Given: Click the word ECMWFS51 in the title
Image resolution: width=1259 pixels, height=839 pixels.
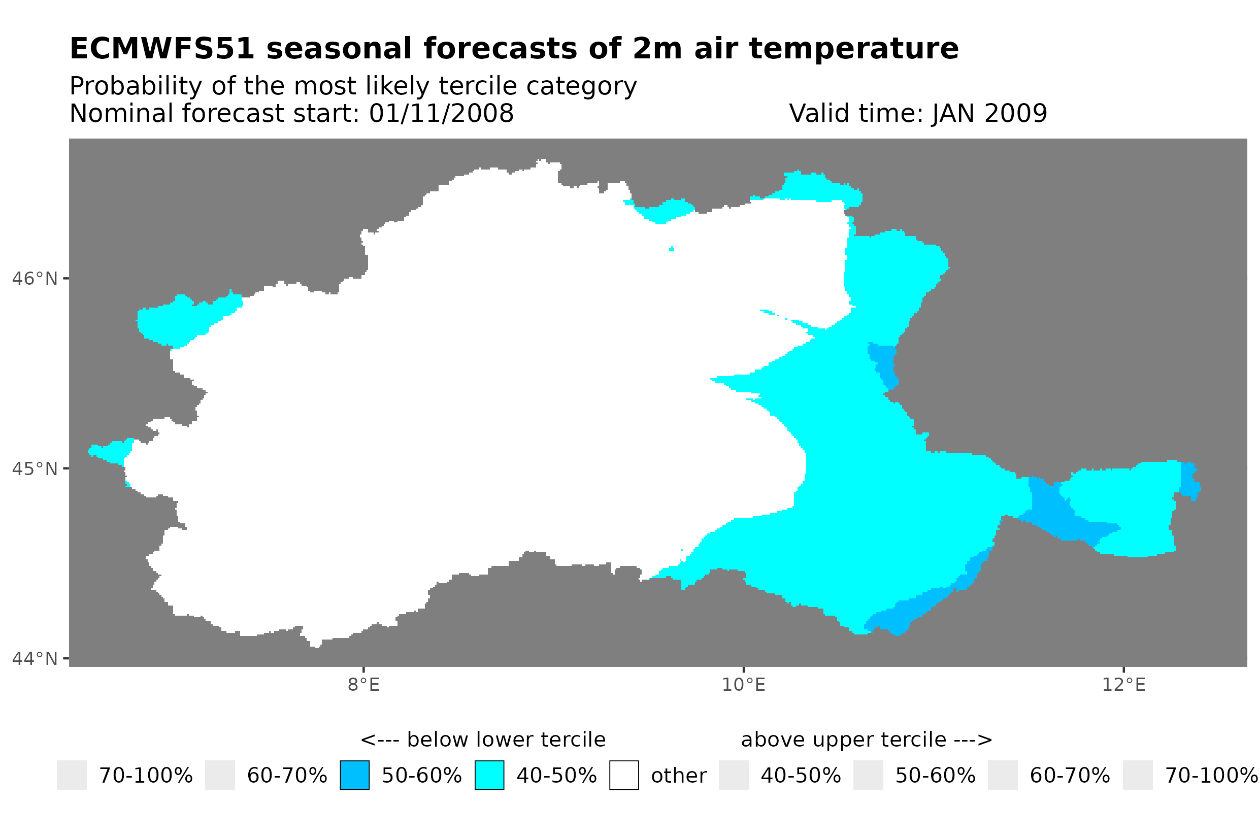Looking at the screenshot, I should pyautogui.click(x=161, y=49).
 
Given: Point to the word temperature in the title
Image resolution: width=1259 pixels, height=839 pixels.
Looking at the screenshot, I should pyautogui.click(x=853, y=49).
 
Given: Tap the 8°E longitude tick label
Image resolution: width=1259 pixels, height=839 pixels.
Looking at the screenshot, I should pyautogui.click(x=364, y=684).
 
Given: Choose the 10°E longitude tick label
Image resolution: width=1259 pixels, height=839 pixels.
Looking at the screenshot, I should pyautogui.click(x=744, y=684).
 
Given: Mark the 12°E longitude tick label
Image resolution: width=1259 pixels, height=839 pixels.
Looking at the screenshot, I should pyautogui.click(x=1123, y=684).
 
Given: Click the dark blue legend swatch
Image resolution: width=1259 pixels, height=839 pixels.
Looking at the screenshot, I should pyautogui.click(x=355, y=776).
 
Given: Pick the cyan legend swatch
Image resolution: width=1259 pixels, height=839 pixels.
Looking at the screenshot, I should pyautogui.click(x=489, y=776).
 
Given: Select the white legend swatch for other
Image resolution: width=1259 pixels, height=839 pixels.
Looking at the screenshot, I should pyautogui.click(x=624, y=776).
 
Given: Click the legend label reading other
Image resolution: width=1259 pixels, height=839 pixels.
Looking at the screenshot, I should pyautogui.click(x=678, y=776).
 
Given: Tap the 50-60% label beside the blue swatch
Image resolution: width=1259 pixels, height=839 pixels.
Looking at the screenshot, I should pyautogui.click(x=422, y=776).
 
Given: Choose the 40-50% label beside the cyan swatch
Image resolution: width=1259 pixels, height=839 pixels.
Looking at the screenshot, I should pyautogui.click(x=556, y=776).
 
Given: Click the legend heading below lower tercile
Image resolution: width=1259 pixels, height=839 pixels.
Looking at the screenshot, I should pyautogui.click(x=483, y=740).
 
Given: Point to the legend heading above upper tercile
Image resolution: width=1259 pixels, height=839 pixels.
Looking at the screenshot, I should pyautogui.click(x=866, y=740).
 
